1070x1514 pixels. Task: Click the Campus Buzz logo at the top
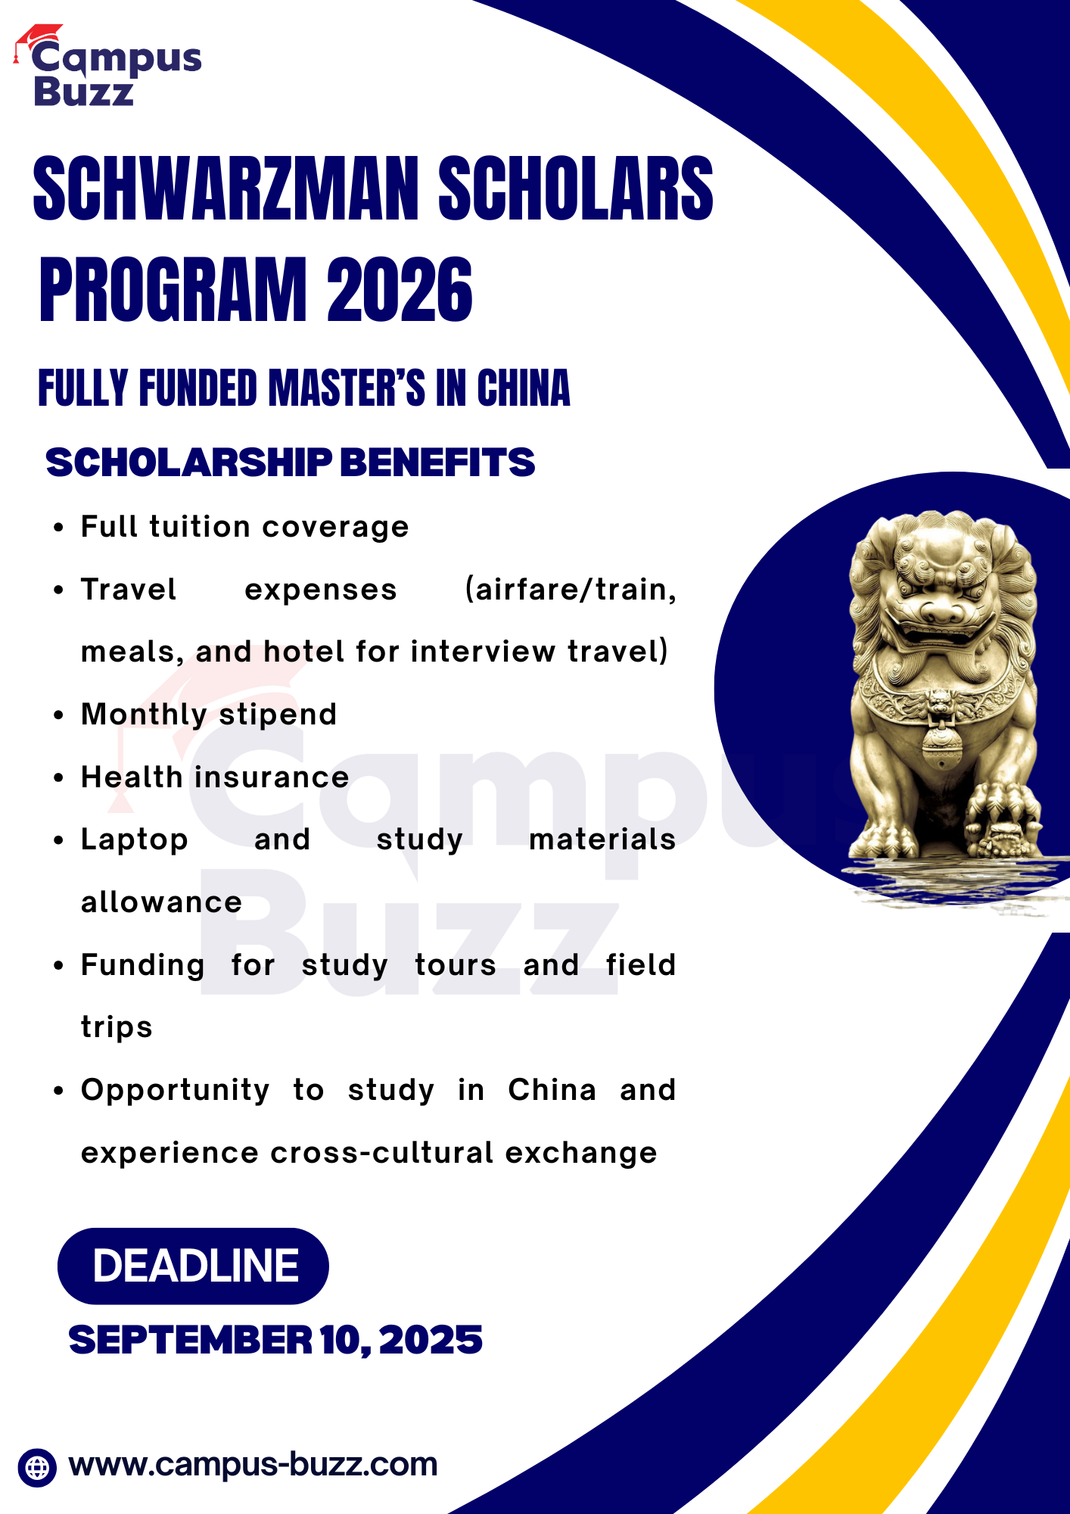(x=108, y=66)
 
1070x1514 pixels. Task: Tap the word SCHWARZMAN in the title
(x=226, y=188)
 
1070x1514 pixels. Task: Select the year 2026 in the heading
(x=400, y=289)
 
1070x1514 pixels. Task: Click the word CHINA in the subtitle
(x=523, y=388)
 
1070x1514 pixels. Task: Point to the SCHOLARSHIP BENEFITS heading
(x=291, y=463)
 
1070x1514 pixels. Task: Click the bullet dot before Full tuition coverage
(x=58, y=528)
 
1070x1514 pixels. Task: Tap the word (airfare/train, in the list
(x=571, y=590)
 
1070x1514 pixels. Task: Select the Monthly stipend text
(x=209, y=715)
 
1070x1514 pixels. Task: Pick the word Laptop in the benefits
(x=135, y=840)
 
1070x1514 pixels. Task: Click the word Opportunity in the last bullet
(x=176, y=1091)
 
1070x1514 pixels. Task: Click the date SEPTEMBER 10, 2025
(x=275, y=1340)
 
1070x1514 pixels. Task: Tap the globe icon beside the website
(x=37, y=1467)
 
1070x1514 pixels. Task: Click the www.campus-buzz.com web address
(x=253, y=1465)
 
